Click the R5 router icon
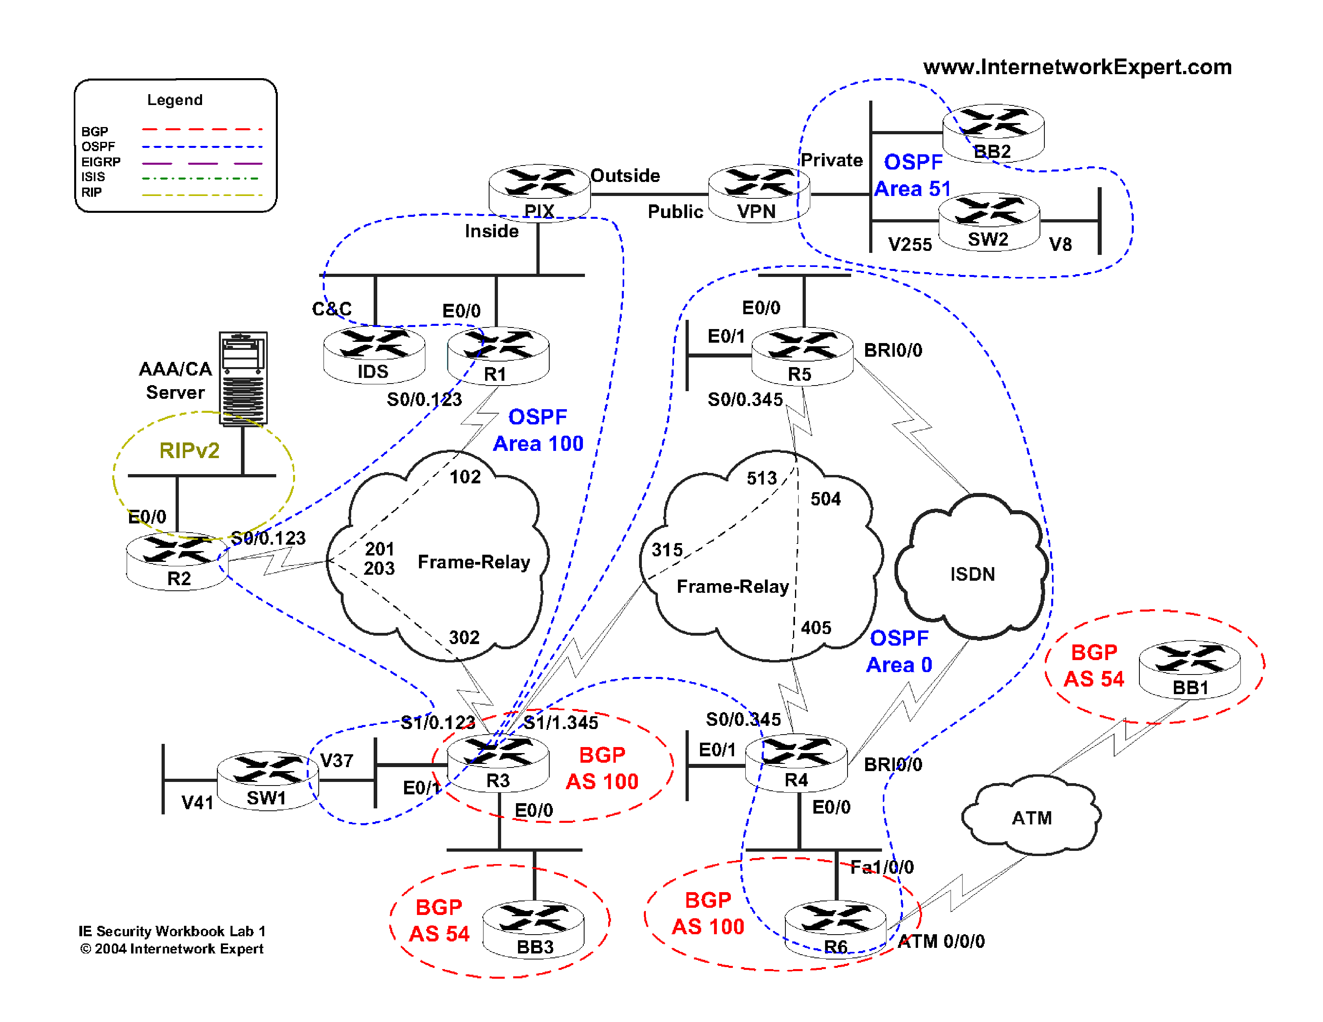tap(802, 355)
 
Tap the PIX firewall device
tap(539, 192)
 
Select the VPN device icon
tap(759, 192)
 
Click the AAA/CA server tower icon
tap(243, 378)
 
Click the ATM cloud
tap(1031, 816)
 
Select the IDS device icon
tap(374, 355)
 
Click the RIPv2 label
tap(189, 450)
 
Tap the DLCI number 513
tap(761, 478)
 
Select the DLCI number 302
tap(464, 637)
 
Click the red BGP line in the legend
tap(202, 129)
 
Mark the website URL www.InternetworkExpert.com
tap(1077, 67)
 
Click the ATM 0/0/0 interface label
tap(941, 941)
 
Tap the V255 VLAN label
tap(910, 244)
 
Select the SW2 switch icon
tap(989, 221)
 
